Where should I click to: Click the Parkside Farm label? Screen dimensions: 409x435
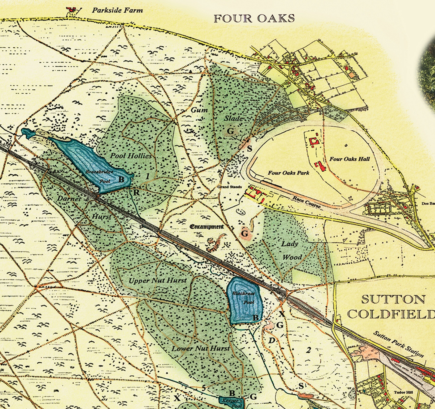pos(117,11)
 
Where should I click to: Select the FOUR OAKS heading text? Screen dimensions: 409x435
pos(254,18)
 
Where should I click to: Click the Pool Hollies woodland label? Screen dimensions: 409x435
pos(131,155)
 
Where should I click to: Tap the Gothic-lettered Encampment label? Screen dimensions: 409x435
pos(206,227)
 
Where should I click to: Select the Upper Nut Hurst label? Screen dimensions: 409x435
pos(157,280)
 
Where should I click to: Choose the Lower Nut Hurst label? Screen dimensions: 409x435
pos(201,349)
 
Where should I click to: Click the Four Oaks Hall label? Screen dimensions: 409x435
pos(349,159)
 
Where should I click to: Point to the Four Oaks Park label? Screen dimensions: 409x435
pos(288,173)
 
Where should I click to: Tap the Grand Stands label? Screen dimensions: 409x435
pos(230,187)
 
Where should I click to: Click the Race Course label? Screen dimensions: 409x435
pos(307,202)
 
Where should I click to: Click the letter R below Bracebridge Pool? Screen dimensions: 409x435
pos(137,192)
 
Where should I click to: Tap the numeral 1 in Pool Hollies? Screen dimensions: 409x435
pos(148,176)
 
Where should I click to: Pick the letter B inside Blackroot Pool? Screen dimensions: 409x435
pos(256,318)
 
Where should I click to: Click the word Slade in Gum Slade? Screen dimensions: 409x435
pos(233,119)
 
